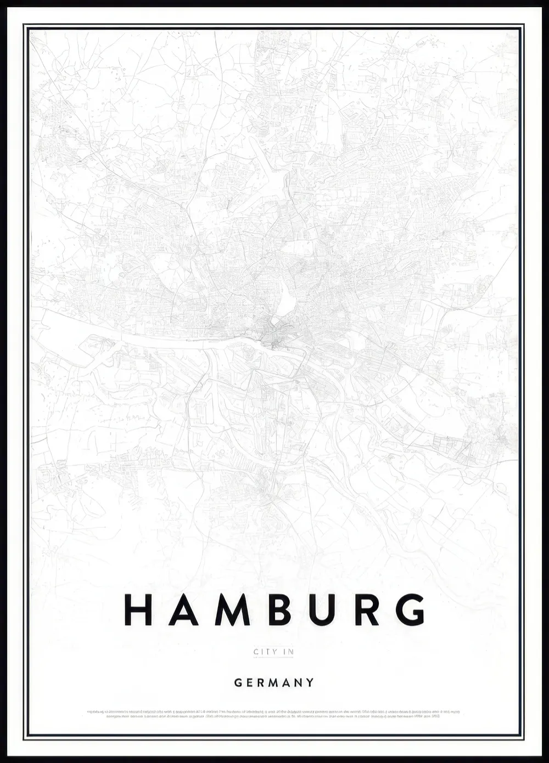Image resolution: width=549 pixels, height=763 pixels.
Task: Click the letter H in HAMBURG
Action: (138, 609)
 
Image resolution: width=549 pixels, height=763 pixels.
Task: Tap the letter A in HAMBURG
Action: (183, 609)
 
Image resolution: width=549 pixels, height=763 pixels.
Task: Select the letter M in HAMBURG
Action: (232, 609)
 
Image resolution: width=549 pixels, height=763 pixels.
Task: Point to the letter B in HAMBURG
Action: (279, 609)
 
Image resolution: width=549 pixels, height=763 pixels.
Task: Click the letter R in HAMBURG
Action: (367, 609)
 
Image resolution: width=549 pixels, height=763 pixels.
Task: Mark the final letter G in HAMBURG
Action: (411, 609)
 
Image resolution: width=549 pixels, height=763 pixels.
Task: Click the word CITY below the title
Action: (262, 652)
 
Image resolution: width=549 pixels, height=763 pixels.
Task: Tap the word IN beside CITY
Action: (288, 652)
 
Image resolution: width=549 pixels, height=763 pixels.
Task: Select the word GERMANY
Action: (274, 683)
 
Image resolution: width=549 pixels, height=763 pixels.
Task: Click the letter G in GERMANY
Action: (238, 683)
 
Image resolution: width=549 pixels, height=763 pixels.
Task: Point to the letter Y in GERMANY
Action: (311, 683)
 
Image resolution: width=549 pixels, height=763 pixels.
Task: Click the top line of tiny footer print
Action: (273, 712)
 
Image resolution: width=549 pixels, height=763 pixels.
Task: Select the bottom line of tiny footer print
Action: (273, 716)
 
